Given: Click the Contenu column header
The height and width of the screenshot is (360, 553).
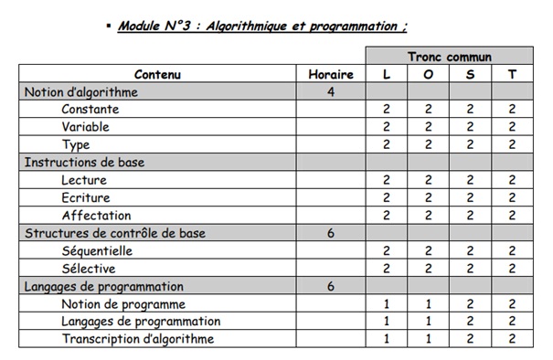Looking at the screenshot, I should [157, 74].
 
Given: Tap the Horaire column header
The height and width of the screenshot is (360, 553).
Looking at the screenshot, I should [330, 74].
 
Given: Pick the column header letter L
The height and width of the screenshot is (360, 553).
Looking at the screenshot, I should [387, 74].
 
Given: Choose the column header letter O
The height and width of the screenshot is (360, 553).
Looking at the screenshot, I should [429, 74].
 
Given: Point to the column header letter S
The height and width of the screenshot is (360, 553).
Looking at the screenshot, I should [470, 74].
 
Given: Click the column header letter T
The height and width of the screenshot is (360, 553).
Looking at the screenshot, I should [512, 74].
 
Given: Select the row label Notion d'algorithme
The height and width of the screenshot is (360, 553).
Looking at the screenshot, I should [81, 92].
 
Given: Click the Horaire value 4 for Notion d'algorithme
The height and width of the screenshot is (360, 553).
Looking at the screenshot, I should [330, 92].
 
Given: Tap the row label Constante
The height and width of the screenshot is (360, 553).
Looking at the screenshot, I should [90, 110].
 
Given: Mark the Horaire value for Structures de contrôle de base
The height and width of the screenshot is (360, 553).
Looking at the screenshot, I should [330, 233].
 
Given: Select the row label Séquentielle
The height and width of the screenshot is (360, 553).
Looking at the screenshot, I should [98, 250].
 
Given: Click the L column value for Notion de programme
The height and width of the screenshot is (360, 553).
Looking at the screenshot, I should [387, 303].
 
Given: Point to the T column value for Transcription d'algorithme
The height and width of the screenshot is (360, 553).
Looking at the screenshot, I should [512, 339].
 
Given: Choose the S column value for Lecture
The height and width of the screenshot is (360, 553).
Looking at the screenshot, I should [470, 180].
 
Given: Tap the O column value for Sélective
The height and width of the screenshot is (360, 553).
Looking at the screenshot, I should [429, 269].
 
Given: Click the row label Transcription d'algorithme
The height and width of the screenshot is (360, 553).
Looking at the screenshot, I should [138, 339].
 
